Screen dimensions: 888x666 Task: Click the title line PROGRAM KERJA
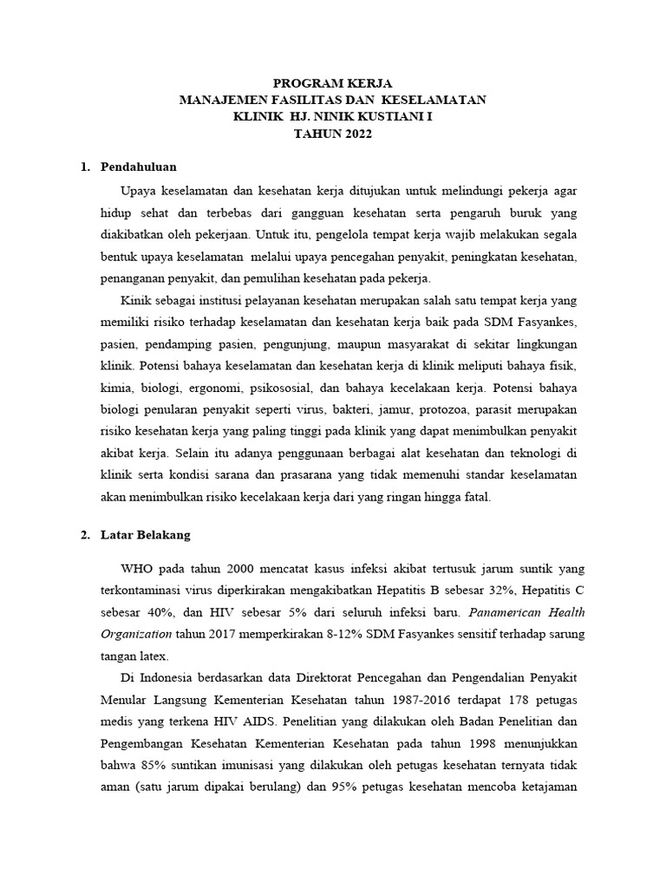(x=333, y=84)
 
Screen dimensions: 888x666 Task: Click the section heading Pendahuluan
(x=139, y=166)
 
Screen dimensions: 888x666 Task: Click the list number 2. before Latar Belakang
(x=85, y=535)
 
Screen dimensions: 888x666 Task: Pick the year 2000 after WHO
(x=245, y=569)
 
